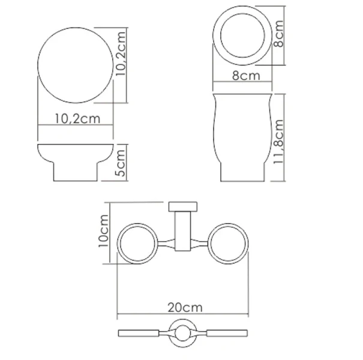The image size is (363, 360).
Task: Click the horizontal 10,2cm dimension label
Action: [77, 118]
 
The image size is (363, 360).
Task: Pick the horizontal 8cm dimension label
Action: [246, 77]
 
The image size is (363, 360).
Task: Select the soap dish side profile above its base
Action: [76, 154]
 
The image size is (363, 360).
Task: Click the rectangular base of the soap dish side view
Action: [76, 172]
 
